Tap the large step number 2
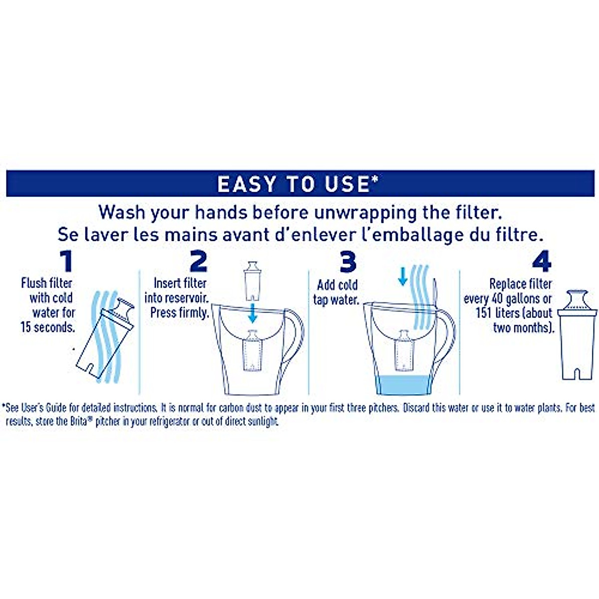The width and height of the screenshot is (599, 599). [x=198, y=262]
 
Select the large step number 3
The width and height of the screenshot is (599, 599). [x=347, y=262]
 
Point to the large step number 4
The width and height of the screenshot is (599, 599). [x=542, y=262]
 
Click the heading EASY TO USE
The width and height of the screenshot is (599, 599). [x=295, y=184]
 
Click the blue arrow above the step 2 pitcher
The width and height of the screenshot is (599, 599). [x=253, y=312]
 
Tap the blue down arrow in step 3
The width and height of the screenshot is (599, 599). [x=402, y=276]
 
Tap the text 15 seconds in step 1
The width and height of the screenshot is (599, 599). [x=47, y=327]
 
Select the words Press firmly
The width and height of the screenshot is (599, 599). [x=179, y=312]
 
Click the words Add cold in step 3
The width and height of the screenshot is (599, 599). [x=337, y=285]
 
